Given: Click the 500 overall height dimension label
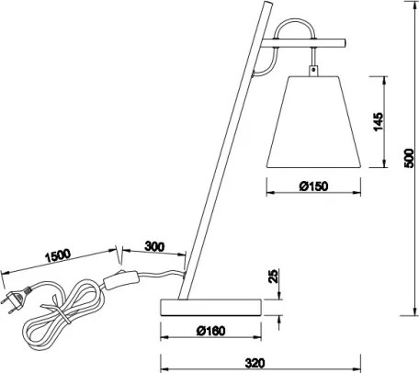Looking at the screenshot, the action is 409,158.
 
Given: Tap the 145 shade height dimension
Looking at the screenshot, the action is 379,121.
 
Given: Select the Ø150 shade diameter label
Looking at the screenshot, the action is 313,186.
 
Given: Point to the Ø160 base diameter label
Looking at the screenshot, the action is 211,331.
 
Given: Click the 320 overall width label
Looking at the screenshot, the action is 255,363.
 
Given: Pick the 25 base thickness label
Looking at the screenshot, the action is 273,276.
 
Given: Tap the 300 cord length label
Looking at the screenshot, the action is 154,246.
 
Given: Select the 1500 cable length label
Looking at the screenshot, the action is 58,255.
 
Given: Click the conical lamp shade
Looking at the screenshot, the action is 314,122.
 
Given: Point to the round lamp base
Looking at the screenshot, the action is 211,308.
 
